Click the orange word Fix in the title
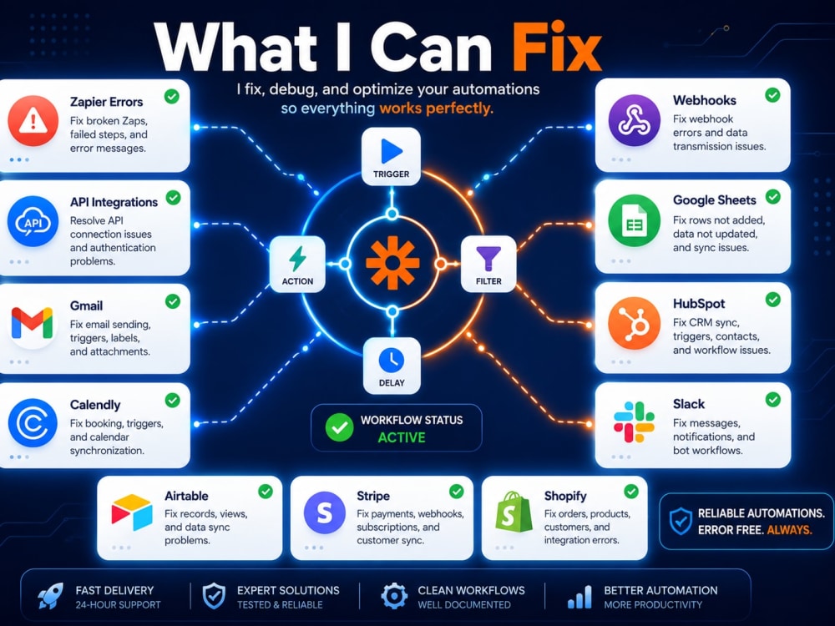point(556,47)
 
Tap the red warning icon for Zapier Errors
point(33,121)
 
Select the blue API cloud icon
point(33,221)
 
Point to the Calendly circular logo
point(33,424)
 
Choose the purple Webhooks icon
point(635,120)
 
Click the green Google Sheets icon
point(635,221)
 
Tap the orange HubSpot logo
point(635,323)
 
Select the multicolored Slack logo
point(634,422)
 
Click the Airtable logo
point(132,512)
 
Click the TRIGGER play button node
point(392,157)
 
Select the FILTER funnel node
point(488,265)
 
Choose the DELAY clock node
point(392,366)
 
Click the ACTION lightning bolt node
point(297,265)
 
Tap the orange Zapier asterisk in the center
point(392,263)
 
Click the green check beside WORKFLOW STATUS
point(339,427)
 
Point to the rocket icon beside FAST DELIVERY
point(51,596)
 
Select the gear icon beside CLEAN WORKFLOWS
point(394,596)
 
